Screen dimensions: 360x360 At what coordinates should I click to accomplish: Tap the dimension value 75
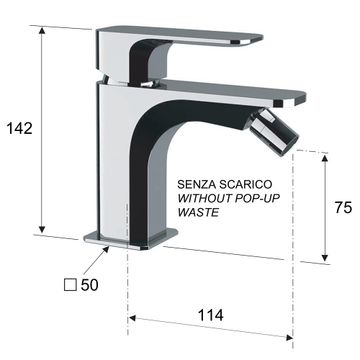click(343, 209)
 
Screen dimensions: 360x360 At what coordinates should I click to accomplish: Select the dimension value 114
click(209, 315)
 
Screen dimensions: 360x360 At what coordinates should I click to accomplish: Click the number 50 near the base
click(89, 285)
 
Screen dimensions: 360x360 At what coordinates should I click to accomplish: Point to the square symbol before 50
click(70, 285)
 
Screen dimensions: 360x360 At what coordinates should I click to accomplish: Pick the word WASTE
click(197, 213)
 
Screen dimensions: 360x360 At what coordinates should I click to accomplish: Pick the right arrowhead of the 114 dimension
click(289, 336)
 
